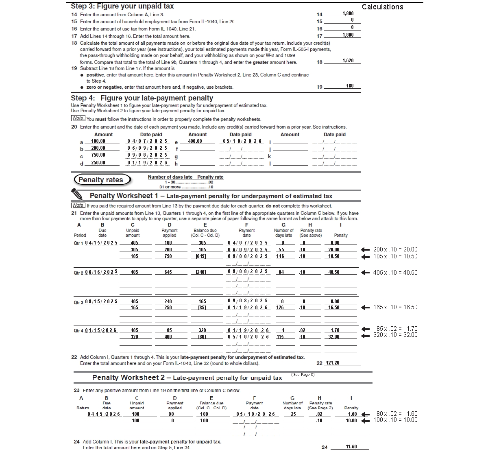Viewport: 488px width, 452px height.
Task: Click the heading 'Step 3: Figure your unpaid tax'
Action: coord(122,6)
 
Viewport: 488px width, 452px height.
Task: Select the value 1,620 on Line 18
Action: coord(348,61)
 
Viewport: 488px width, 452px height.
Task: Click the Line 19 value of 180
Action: coord(350,86)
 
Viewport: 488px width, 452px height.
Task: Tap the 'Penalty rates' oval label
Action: coord(101,180)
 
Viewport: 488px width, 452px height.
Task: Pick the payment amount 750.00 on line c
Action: coord(98,155)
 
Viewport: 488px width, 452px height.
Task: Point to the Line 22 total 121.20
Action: coord(333,363)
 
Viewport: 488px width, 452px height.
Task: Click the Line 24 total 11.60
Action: coord(351,447)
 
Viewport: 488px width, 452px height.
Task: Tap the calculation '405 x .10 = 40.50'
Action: coord(395,273)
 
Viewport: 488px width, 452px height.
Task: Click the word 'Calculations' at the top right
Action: coord(382,7)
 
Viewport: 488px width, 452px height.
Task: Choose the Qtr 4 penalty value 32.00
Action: coord(334,337)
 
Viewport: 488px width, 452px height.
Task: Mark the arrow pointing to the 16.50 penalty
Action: coord(366,308)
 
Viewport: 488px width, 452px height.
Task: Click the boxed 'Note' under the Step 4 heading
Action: coord(78,118)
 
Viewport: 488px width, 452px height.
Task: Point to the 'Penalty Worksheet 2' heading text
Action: coord(129,378)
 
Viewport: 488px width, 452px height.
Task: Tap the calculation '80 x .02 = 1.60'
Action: coord(396,414)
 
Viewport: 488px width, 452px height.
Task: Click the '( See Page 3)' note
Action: coord(303,375)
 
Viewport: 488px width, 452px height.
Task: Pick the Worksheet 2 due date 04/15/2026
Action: coord(104,414)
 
